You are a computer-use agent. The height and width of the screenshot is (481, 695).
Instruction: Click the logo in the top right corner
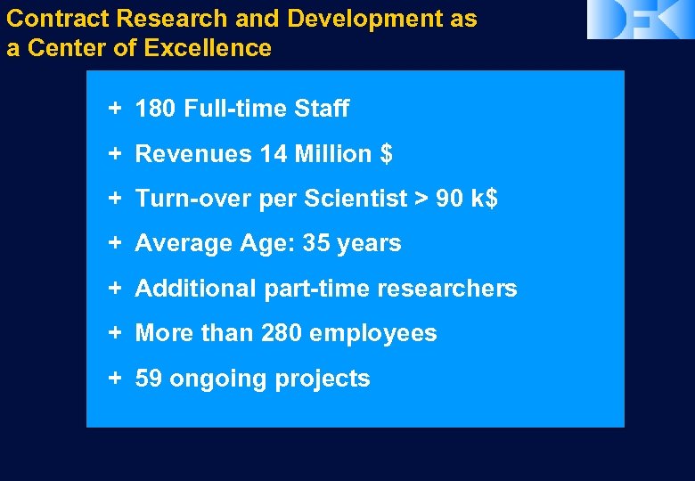point(640,20)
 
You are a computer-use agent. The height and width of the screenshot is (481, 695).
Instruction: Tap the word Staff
point(322,110)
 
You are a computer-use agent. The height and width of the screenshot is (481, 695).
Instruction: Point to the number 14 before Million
point(273,154)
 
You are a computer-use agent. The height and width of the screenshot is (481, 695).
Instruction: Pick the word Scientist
point(356,199)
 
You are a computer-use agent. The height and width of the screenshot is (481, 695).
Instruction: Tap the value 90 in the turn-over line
point(450,199)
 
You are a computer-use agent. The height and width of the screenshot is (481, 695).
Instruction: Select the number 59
point(149,379)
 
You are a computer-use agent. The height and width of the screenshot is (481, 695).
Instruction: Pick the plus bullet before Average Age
point(115,243)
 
